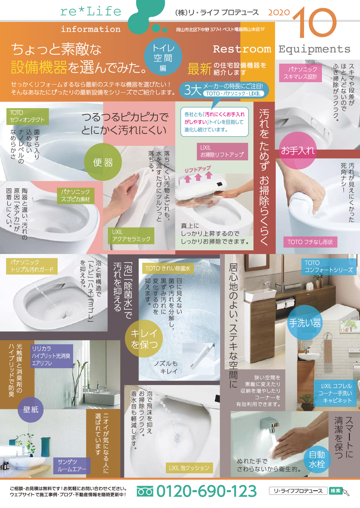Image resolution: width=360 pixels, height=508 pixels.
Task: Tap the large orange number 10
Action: pyautogui.click(x=314, y=22)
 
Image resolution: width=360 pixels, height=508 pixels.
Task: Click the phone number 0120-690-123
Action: pyautogui.click(x=206, y=491)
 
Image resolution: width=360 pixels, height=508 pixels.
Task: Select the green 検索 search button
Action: pyautogui.click(x=335, y=491)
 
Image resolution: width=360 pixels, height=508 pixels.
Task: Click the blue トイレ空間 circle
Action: pyautogui.click(x=163, y=57)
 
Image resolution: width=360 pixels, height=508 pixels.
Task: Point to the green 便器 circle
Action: pyautogui.click(x=103, y=162)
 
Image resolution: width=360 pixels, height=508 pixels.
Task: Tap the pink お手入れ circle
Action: pyautogui.click(x=298, y=150)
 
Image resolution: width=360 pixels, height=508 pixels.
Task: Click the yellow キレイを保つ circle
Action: pyautogui.click(x=144, y=339)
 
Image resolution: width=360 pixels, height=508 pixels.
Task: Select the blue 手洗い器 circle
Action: pyautogui.click(x=305, y=322)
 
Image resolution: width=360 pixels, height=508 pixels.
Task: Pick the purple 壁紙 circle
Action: pyautogui.click(x=31, y=410)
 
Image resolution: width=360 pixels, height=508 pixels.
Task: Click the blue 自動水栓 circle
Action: pyautogui.click(x=317, y=459)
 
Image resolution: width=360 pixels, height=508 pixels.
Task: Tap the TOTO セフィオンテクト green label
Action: pyautogui.click(x=27, y=116)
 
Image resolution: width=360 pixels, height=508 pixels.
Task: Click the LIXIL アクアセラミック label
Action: pyautogui.click(x=131, y=235)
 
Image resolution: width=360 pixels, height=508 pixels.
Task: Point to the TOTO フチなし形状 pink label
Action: pyautogui.click(x=310, y=242)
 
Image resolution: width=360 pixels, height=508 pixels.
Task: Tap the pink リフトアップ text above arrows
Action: pyautogui.click(x=198, y=169)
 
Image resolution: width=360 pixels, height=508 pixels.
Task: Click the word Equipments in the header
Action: pyautogui.click(x=314, y=49)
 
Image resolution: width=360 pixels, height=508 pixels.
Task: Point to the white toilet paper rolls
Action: pyautogui.click(x=286, y=305)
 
